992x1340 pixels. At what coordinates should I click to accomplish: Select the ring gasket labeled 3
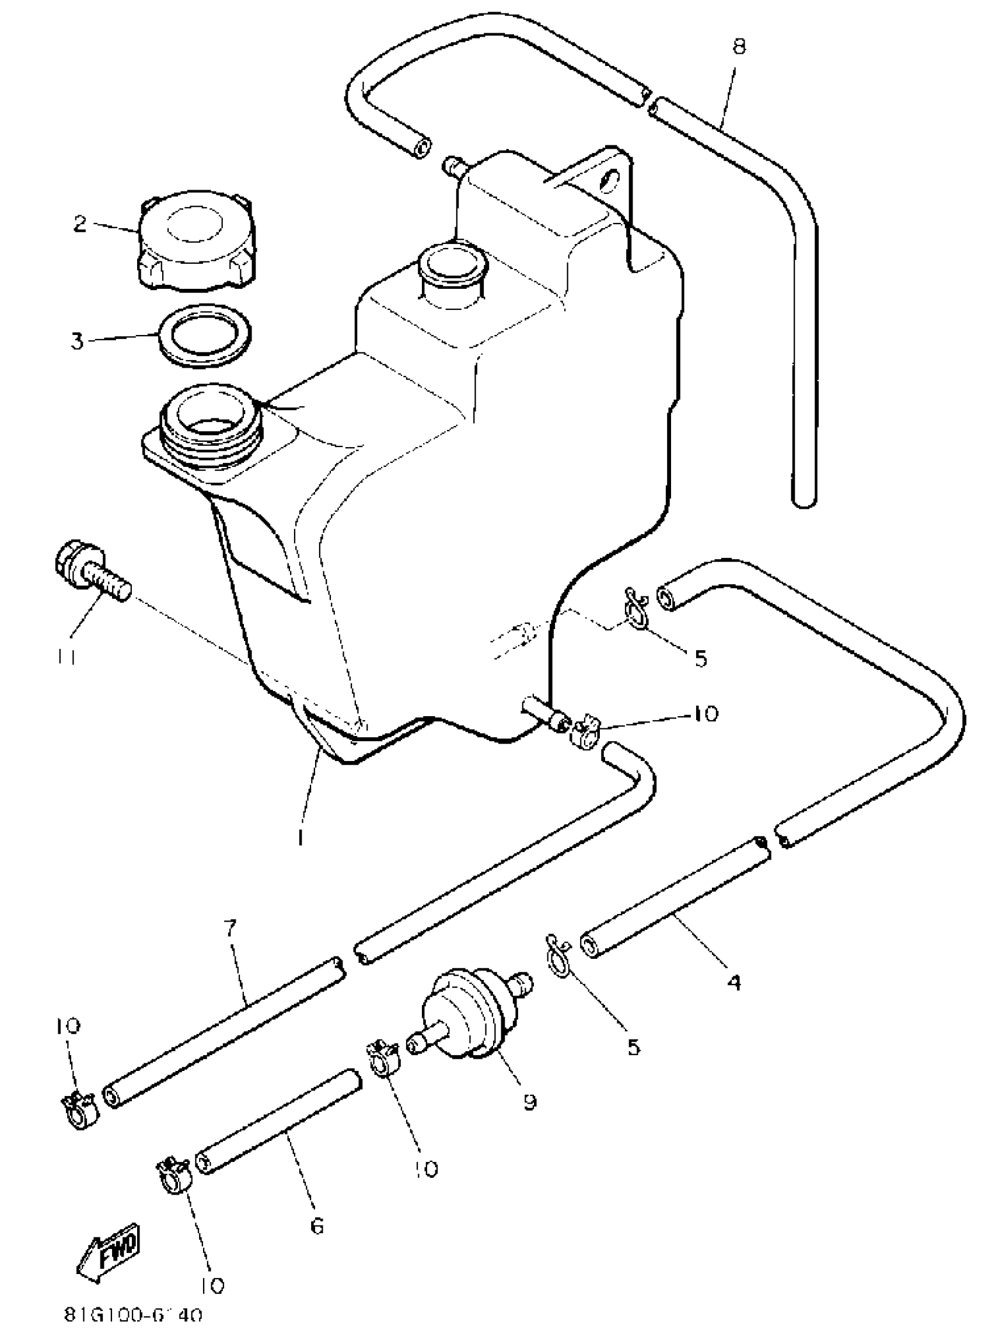coord(204,336)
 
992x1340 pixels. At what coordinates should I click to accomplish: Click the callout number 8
coord(739,46)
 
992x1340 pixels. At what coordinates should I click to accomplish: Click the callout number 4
coord(734,983)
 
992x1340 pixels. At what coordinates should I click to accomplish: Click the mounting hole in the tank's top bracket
coord(612,179)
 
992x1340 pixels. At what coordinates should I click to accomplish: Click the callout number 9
coord(530,1102)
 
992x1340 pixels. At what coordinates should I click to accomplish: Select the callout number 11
coord(67,657)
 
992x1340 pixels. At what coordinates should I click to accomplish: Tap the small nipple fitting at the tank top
coord(455,165)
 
